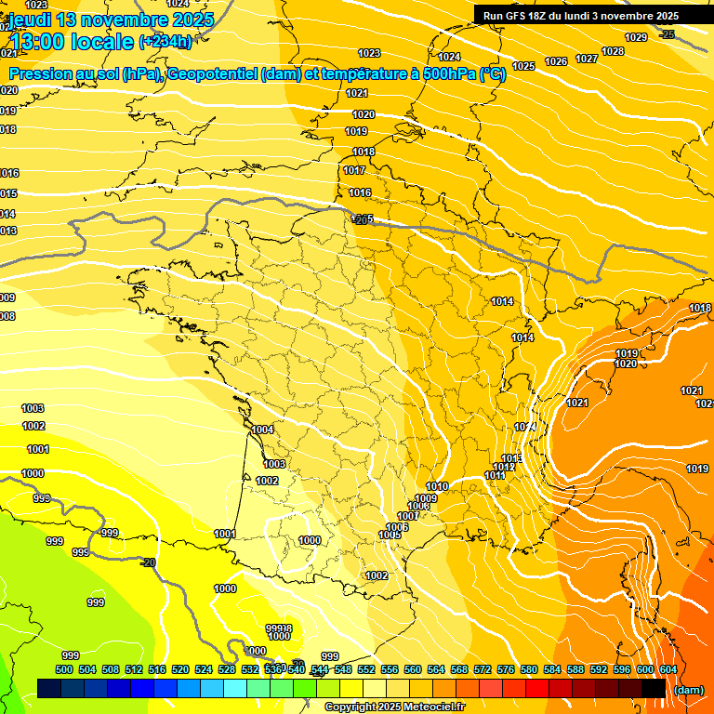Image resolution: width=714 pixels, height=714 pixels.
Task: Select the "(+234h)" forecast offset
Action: point(165,42)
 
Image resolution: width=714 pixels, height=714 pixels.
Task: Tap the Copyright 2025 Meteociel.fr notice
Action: point(394,707)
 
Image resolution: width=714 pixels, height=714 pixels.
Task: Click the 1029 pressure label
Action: point(636,37)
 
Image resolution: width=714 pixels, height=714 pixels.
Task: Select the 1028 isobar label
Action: point(613,51)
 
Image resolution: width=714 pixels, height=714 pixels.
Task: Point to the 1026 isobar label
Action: point(556,61)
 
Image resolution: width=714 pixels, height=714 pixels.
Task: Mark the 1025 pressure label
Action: point(523,66)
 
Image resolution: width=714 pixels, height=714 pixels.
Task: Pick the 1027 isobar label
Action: point(587,59)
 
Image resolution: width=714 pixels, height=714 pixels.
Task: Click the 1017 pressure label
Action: point(354,170)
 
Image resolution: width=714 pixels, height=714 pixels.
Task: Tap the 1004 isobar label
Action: point(263,430)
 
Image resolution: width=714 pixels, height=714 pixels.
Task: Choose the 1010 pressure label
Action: point(437,487)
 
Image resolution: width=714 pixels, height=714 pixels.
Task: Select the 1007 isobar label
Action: point(407,516)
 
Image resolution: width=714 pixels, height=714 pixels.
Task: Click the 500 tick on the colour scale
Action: point(64,669)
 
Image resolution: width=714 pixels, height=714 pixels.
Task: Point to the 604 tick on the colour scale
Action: point(668,669)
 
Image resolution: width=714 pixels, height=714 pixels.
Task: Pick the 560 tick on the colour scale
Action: point(413,669)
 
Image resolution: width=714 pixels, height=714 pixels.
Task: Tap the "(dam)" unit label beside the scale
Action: point(688,689)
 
